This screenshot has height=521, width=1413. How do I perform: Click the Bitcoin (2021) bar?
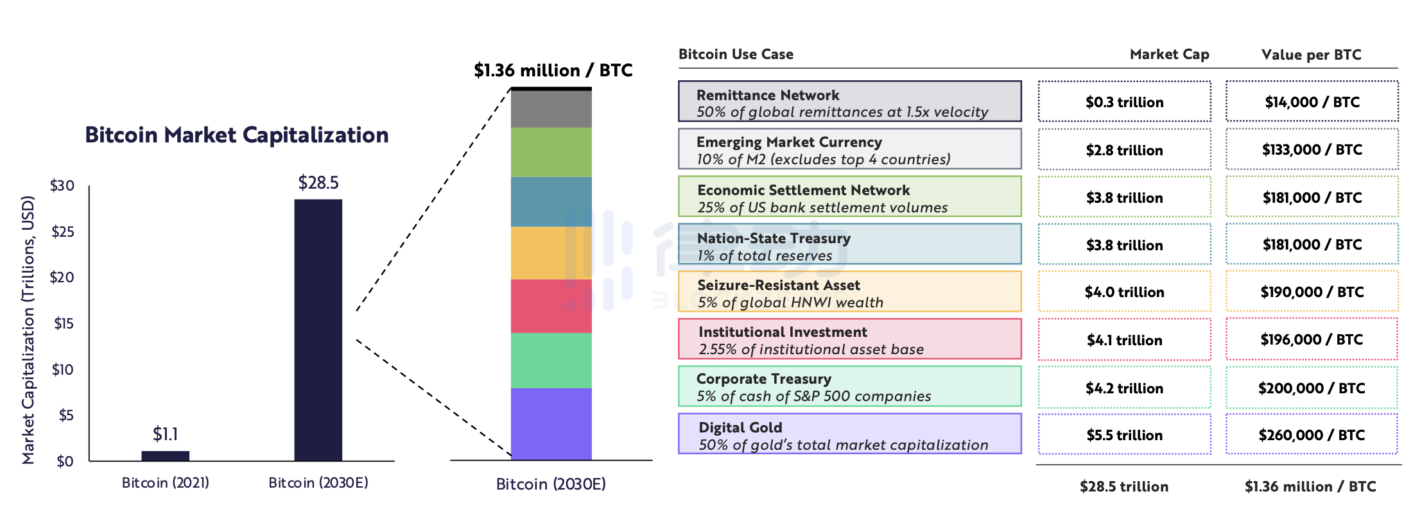click(165, 456)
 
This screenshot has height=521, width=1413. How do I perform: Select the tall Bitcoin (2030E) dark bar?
click(318, 330)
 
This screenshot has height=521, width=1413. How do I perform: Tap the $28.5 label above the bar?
click(318, 183)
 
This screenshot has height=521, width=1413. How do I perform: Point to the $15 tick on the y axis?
click(64, 323)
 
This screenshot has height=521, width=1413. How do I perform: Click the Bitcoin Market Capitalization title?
click(236, 135)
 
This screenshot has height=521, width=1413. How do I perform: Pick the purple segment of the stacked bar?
click(551, 423)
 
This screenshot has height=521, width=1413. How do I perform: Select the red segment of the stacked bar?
click(551, 306)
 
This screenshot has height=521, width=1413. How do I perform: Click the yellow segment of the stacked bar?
click(551, 253)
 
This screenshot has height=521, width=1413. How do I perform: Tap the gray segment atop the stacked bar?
click(551, 108)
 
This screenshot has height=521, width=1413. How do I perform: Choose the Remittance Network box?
click(849, 101)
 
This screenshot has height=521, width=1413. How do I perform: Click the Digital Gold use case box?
click(849, 434)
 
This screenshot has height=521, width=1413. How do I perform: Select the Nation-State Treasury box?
click(849, 244)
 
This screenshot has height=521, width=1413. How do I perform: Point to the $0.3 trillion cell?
click(1124, 102)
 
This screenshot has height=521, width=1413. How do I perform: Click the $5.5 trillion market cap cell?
click(1124, 435)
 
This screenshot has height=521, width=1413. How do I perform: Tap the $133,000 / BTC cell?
click(1312, 149)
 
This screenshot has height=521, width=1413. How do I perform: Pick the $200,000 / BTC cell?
click(1312, 388)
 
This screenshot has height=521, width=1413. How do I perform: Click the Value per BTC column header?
click(1311, 55)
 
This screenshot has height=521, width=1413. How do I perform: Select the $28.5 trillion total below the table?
click(1123, 486)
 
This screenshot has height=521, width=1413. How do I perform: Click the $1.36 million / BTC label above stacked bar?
click(553, 70)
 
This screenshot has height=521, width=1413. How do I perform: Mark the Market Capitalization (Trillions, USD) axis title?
click(28, 330)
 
